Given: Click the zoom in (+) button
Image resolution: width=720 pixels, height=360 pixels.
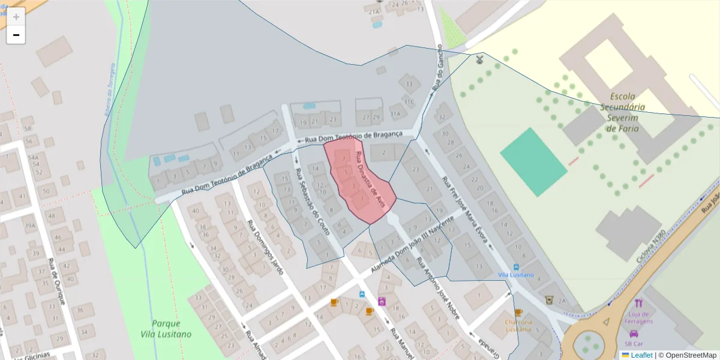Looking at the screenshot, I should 16,17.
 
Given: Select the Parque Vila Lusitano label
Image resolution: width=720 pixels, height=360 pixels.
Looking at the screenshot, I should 166,328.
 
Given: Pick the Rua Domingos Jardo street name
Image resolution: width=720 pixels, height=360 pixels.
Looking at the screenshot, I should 265,247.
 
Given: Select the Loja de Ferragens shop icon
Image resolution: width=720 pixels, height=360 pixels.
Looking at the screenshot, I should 638,303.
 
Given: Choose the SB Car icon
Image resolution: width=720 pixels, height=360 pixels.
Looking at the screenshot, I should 634,334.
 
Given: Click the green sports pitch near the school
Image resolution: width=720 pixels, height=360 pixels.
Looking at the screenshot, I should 533,161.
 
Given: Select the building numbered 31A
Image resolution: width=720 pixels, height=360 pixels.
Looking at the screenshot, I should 395,113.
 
